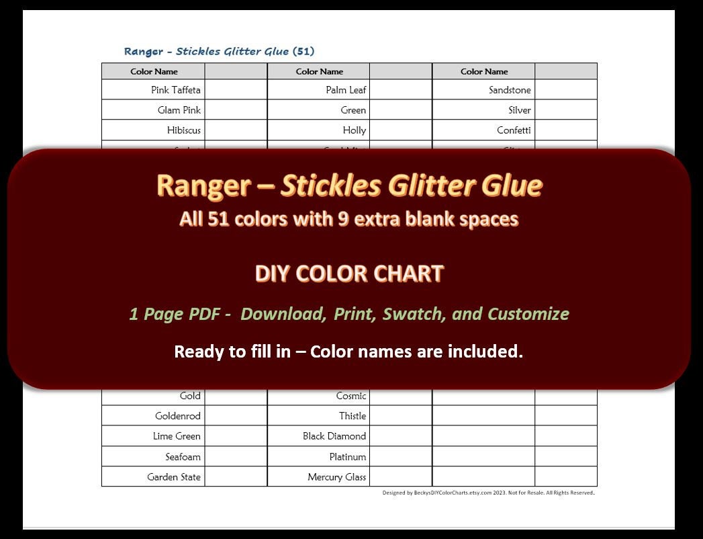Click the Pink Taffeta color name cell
pyautogui.click(x=175, y=90)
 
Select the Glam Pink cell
pyautogui.click(x=179, y=110)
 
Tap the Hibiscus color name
pyautogui.click(x=183, y=130)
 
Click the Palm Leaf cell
pyautogui.click(x=346, y=90)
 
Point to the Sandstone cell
pyautogui.click(x=510, y=90)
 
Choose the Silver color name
pyautogui.click(x=519, y=110)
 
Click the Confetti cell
pyautogui.click(x=514, y=130)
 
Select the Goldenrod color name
pyautogui.click(x=177, y=416)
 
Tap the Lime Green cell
pyautogui.click(x=177, y=436)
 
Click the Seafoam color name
pyautogui.click(x=183, y=457)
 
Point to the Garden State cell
pyautogui.click(x=174, y=477)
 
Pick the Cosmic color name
pyautogui.click(x=351, y=396)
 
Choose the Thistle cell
pyautogui.click(x=353, y=416)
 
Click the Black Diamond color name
pyautogui.click(x=334, y=436)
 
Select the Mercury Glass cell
pyautogui.click(x=336, y=477)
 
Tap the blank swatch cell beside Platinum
pyautogui.click(x=400, y=457)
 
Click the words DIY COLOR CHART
pyautogui.click(x=349, y=274)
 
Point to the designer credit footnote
pyautogui.click(x=488, y=493)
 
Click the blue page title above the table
pyautogui.click(x=219, y=51)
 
